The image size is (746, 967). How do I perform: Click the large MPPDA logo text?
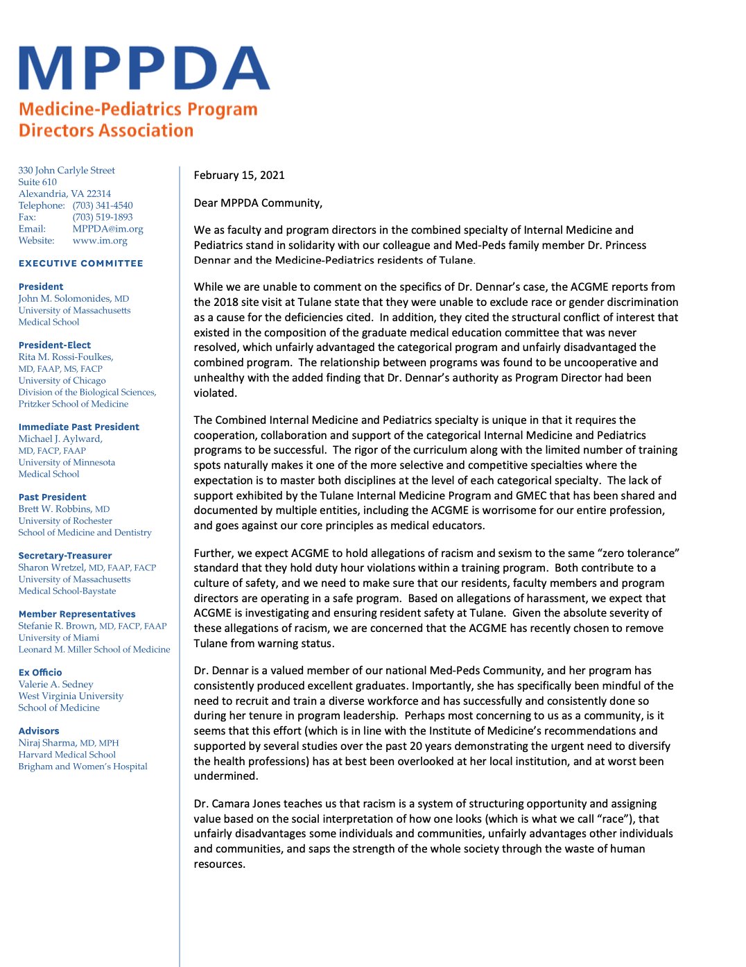[144, 69]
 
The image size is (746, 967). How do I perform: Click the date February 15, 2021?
[239, 176]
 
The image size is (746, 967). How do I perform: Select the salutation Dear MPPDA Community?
[258, 203]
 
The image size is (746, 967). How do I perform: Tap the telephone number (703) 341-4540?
[103, 205]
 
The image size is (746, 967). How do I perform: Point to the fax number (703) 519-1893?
[103, 217]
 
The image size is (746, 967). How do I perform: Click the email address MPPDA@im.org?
[107, 229]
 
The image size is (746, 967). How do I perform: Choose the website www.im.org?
[100, 241]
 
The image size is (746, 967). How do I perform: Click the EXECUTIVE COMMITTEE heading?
[80, 264]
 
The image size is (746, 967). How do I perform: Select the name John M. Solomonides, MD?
[73, 298]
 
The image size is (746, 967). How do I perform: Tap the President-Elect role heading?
[55, 345]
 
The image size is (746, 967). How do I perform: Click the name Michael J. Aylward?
[60, 438]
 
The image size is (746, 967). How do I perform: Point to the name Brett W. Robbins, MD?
[64, 508]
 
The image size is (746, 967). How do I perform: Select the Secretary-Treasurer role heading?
[65, 556]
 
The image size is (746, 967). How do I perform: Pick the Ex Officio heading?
[40, 672]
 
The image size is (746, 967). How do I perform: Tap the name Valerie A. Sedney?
[55, 684]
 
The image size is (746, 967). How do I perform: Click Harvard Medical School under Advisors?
[67, 755]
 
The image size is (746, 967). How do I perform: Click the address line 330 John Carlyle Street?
[67, 171]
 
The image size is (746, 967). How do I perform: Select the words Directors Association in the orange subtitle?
[106, 130]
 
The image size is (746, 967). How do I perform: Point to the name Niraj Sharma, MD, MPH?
[69, 743]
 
